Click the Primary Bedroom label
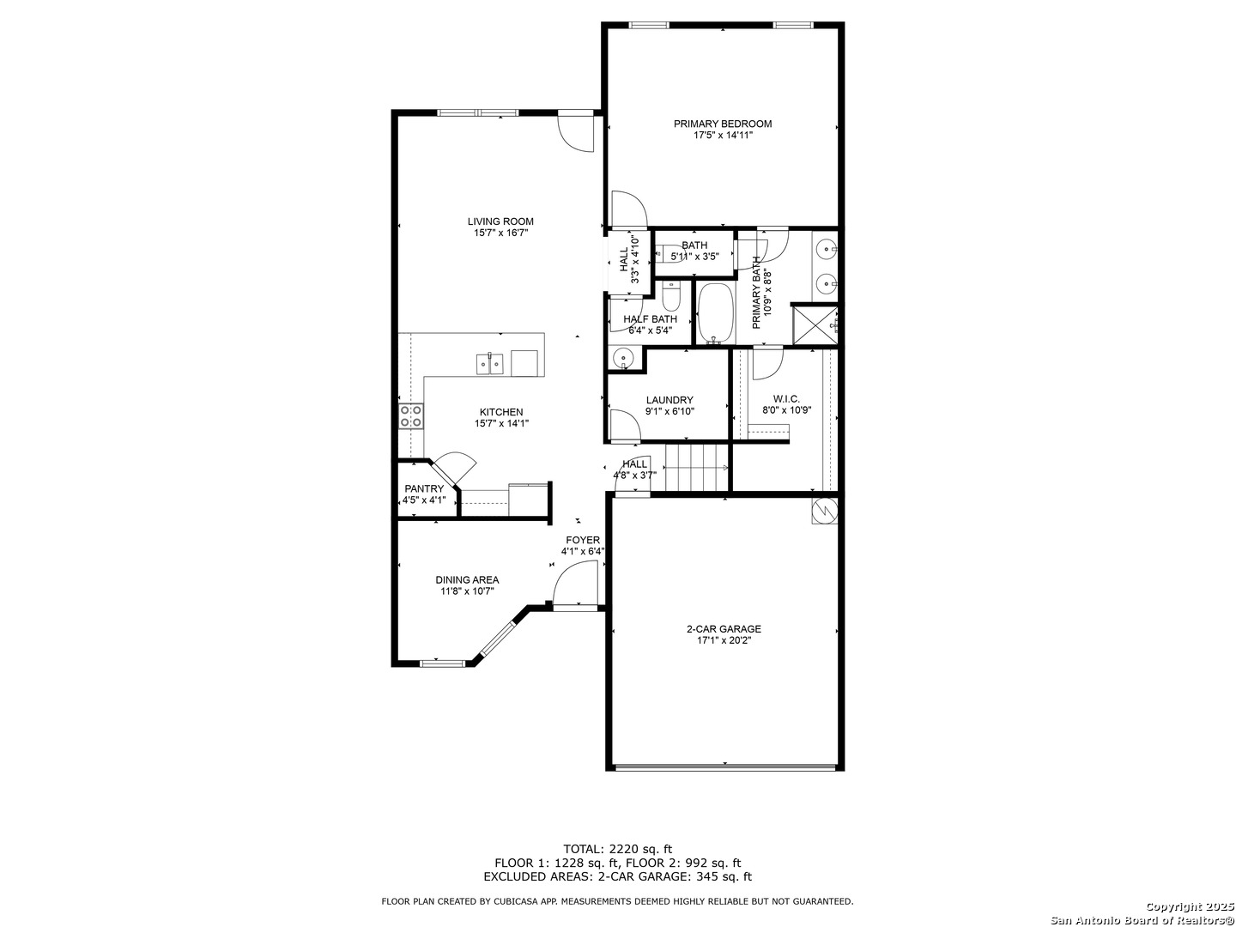(x=723, y=124)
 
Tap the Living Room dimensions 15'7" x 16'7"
(x=500, y=233)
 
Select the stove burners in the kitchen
(x=411, y=416)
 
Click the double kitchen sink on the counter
(x=490, y=363)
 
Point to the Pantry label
(x=424, y=488)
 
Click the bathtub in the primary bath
(x=716, y=313)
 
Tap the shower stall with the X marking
(x=814, y=324)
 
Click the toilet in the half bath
(x=670, y=296)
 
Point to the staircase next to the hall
(x=697, y=467)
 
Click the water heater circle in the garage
(x=824, y=511)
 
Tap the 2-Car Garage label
(x=724, y=628)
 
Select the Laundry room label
(x=669, y=400)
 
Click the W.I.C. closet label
(x=786, y=399)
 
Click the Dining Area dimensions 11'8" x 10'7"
(x=467, y=591)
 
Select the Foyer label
(x=583, y=541)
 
